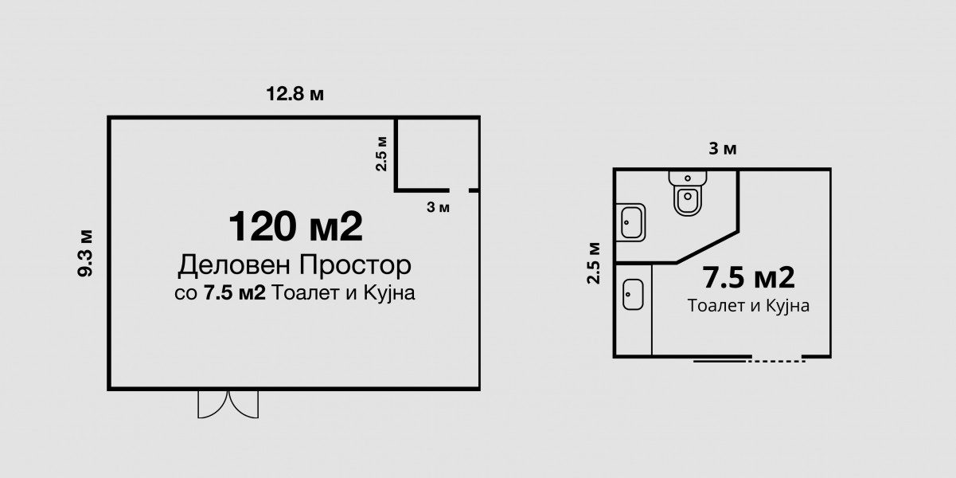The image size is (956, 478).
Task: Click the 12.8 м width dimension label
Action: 295,94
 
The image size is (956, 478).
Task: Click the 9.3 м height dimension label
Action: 85,253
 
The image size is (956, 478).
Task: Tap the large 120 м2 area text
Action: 296,226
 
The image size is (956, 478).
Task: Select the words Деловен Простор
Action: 295,265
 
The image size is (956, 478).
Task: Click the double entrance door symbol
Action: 228,404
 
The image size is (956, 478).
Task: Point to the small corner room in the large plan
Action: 438,154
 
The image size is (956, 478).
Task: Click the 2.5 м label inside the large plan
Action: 381,154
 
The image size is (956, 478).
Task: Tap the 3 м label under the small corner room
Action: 439,208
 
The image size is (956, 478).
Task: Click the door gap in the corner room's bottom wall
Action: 459,190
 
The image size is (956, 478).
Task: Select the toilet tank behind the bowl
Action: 688,178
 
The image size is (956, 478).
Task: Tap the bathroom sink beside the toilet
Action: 630,222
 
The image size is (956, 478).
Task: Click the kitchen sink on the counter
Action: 633,294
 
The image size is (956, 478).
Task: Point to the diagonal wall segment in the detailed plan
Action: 708,247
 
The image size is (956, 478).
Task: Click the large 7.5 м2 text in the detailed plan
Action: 748,278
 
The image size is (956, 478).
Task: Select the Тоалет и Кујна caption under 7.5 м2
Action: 748,306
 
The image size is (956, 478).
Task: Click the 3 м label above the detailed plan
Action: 723,149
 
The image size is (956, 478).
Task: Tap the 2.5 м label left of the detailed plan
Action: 594,263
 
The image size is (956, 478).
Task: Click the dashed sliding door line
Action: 776,362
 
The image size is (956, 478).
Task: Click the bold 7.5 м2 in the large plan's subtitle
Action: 235,293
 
